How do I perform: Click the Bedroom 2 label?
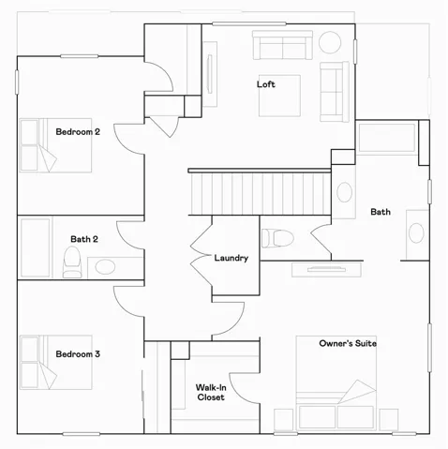click(78, 132)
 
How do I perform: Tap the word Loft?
click(266, 84)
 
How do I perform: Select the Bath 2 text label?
click(83, 239)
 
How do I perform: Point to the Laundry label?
click(231, 258)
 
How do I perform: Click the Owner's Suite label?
click(348, 344)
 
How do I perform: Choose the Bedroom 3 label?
click(78, 354)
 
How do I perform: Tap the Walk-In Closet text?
click(210, 392)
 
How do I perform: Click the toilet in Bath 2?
click(73, 262)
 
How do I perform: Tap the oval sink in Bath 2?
click(105, 267)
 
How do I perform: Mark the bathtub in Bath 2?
click(36, 248)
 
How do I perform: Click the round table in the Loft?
click(331, 42)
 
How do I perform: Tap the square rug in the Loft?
click(279, 97)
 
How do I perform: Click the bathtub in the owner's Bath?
click(387, 138)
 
